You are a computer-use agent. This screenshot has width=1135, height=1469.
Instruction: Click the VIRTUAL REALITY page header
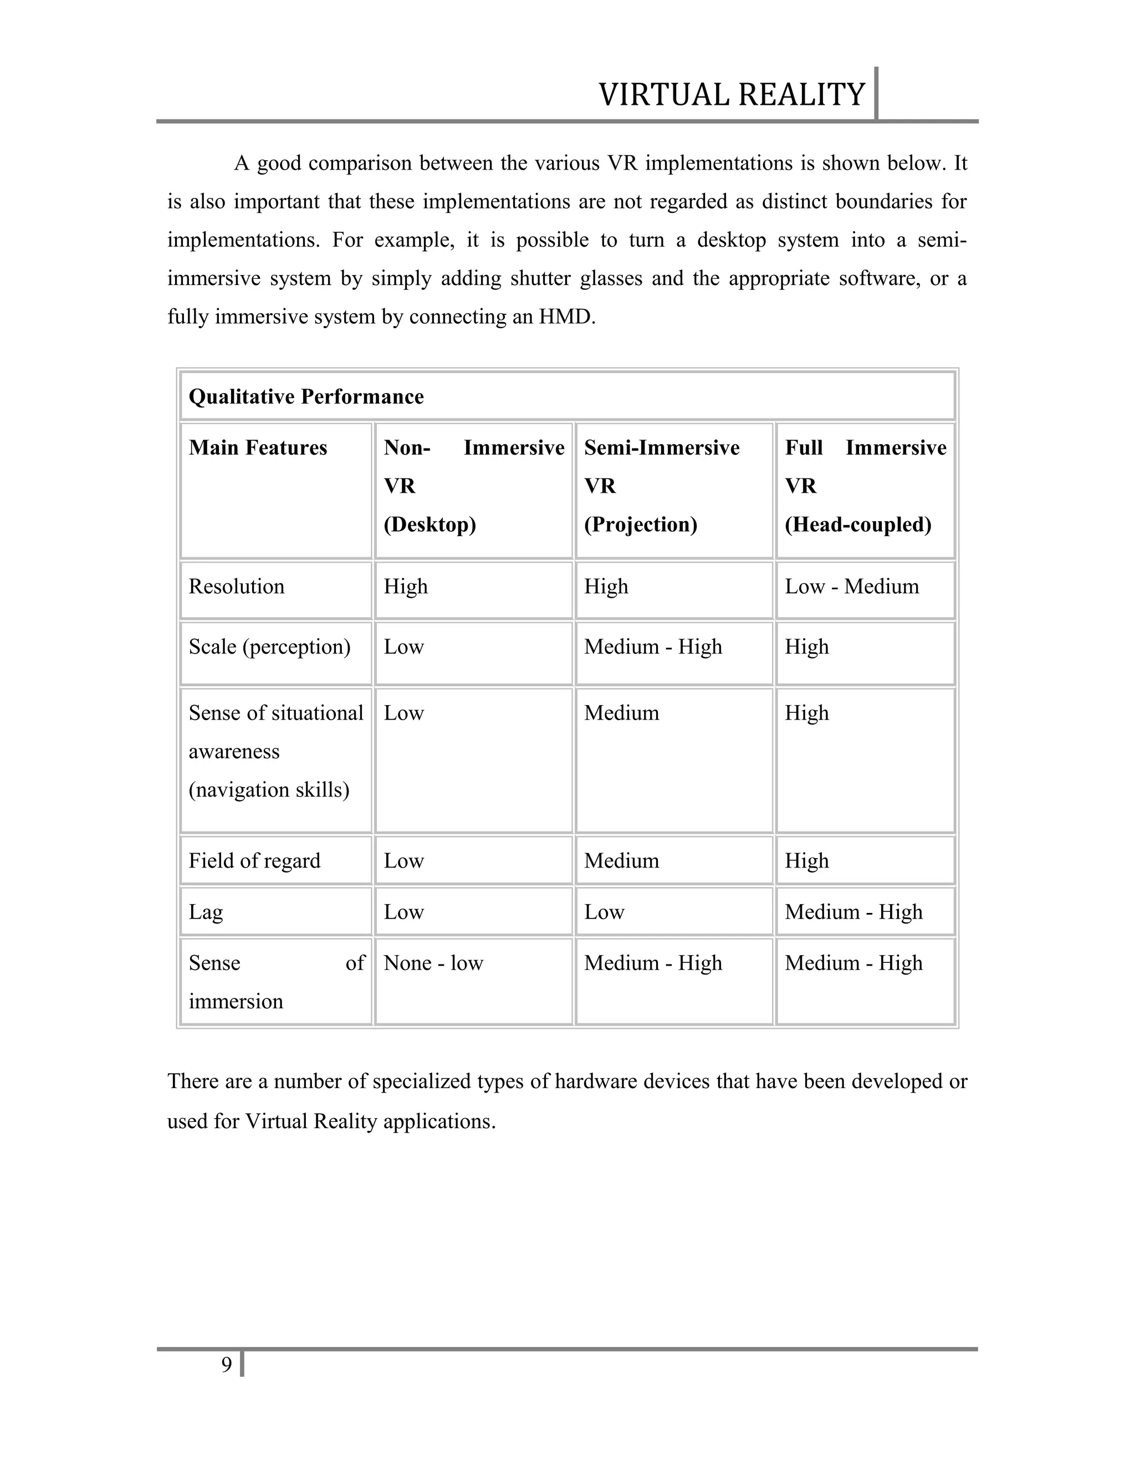[x=731, y=95]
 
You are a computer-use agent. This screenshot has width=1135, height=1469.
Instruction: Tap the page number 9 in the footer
[x=227, y=1365]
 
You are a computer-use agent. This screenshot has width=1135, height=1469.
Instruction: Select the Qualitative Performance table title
[x=306, y=397]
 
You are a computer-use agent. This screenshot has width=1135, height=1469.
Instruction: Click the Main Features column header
[x=258, y=448]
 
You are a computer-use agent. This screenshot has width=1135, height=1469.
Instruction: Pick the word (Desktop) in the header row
[x=430, y=524]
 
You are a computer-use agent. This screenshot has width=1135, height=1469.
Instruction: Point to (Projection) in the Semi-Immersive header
[x=640, y=524]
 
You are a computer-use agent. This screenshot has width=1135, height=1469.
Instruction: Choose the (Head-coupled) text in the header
[x=858, y=524]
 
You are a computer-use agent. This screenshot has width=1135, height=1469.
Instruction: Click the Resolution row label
[x=236, y=586]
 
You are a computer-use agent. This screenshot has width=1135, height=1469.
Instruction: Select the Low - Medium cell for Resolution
[x=851, y=586]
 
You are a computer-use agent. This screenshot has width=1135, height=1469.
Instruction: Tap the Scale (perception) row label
[x=269, y=647]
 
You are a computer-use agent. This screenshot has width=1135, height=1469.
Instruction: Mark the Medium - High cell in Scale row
[x=653, y=647]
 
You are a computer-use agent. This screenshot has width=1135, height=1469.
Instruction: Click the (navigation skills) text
[x=269, y=789]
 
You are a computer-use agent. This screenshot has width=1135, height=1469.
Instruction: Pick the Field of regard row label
[x=254, y=861]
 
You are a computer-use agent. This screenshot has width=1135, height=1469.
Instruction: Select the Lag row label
[x=205, y=912]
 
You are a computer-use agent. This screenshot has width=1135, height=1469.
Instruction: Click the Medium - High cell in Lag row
[x=853, y=912]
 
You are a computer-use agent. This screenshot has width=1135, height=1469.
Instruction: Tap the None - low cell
[x=433, y=963]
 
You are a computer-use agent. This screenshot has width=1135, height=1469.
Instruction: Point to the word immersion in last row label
[x=236, y=1002]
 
